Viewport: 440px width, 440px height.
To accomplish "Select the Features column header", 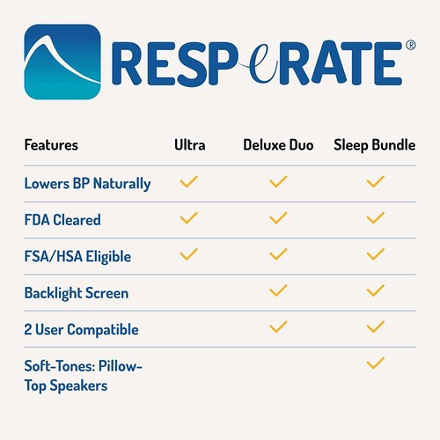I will pos(51,145).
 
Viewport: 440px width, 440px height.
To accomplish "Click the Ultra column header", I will pos(190,145).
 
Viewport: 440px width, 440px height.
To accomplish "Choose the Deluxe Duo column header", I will pos(278,145).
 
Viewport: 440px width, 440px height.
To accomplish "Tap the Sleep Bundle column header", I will pos(374,145).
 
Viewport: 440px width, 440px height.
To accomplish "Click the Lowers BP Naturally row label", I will pos(88,183).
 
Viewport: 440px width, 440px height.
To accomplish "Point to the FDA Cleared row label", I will pos(62,219).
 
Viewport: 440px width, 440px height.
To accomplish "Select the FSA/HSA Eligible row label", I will pos(77,256).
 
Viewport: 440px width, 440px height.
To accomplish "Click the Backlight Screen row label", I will pos(77,292).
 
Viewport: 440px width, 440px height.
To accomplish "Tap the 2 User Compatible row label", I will pos(81,329).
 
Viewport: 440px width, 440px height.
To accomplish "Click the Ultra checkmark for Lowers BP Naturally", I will pos(188,182).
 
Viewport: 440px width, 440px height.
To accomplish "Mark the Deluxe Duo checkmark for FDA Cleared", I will pos(278,218).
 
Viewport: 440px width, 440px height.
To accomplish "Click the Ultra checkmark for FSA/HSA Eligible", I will pos(188,254).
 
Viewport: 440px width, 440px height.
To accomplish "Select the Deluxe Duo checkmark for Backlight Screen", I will pos(278,290).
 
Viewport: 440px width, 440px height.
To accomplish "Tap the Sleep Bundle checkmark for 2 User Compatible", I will pos(376,327).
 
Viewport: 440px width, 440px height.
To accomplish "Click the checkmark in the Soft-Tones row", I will pos(376,363).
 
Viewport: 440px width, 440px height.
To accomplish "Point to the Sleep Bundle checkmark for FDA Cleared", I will pos(376,218).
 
